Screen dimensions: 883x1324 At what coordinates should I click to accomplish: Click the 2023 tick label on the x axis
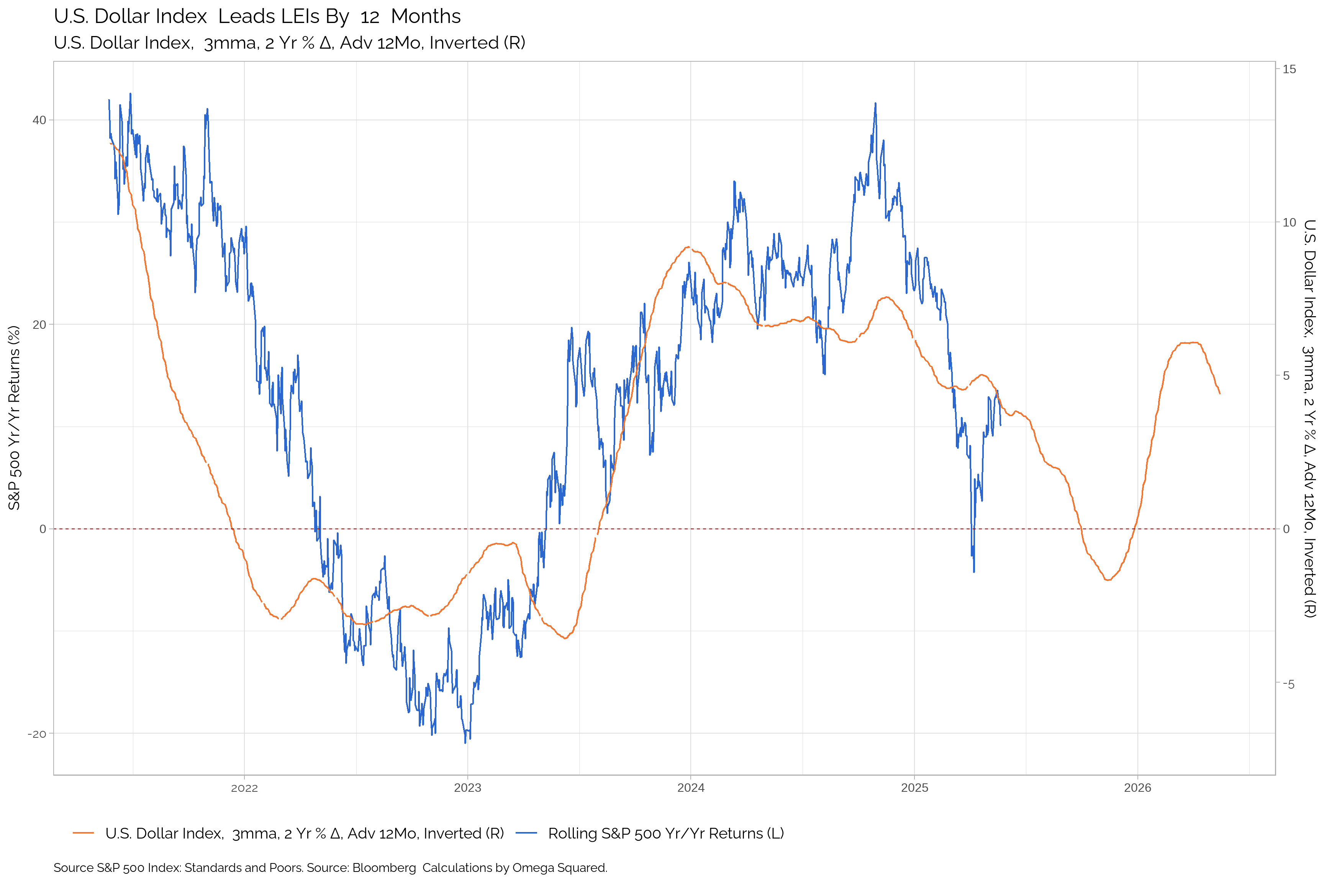coord(467,788)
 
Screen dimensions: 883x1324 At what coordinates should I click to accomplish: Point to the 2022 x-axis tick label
coord(244,788)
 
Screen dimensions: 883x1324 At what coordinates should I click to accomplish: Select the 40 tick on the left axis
coord(39,120)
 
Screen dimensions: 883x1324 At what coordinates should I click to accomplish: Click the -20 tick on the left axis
coord(37,734)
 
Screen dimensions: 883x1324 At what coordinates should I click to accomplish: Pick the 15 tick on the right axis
coord(1289,69)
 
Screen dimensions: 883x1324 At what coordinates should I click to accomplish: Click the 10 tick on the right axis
coord(1289,222)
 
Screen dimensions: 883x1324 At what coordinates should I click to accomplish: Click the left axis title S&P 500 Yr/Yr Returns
coord(14,418)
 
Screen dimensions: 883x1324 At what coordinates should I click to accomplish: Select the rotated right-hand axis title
coord(1309,418)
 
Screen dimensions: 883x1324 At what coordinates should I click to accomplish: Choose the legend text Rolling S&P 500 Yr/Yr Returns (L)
coord(666,834)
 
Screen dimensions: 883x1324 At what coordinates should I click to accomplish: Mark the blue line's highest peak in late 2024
coord(875,103)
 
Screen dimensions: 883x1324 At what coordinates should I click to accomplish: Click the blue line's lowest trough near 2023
coord(465,742)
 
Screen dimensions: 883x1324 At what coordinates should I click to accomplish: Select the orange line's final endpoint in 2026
coord(1220,394)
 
